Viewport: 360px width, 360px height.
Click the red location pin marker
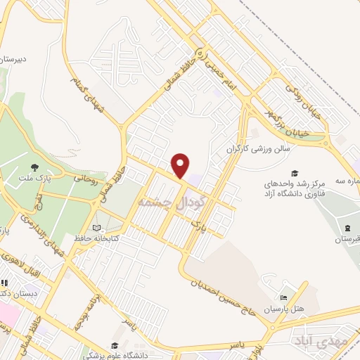pyautogui.click(x=181, y=165)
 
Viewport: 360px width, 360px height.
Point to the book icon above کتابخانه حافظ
pyautogui.click(x=96, y=228)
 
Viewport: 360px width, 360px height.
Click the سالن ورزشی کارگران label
pyautogui.click(x=264, y=149)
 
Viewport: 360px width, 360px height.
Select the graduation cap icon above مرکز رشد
pyautogui.click(x=295, y=173)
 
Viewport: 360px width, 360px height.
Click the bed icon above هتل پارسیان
pyautogui.click(x=284, y=298)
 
